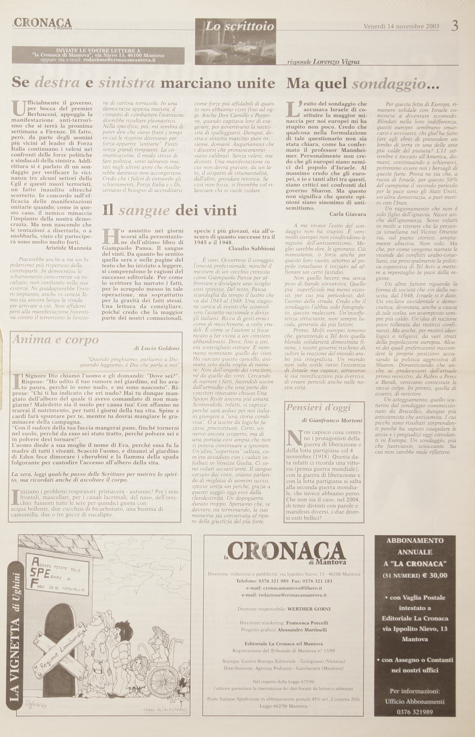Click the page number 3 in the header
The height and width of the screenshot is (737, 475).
pos(455,26)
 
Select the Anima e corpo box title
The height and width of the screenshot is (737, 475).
pos(55,340)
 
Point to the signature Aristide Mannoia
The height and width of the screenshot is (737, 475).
pos(68,248)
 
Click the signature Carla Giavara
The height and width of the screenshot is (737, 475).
pos(347,214)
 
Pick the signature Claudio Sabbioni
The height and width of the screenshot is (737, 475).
pos(252,248)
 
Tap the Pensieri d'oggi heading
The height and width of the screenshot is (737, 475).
pos(318,407)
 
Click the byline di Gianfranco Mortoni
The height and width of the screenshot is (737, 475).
pos(332,420)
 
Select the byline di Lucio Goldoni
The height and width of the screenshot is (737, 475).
pos(156,348)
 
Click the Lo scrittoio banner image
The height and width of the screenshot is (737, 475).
pos(236,42)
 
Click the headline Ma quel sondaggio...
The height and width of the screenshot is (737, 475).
pos(363,84)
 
